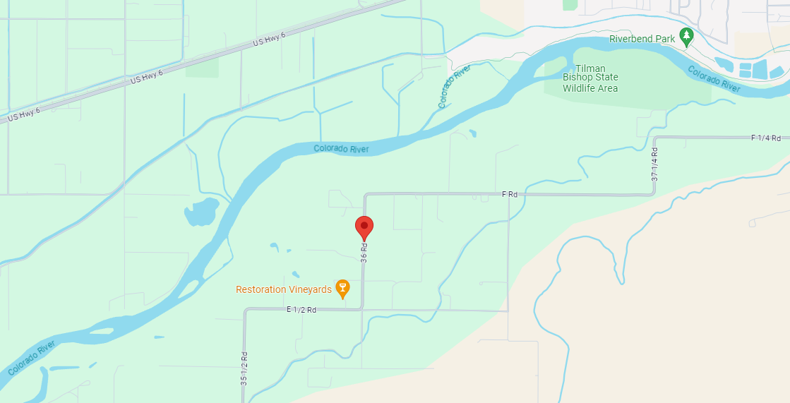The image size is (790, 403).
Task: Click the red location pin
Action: [x=364, y=227]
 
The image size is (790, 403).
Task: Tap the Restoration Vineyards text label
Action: [x=283, y=289]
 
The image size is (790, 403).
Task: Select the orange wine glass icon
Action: [x=342, y=288]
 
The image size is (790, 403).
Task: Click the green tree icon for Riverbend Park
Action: [x=685, y=36]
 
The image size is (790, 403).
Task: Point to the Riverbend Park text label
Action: [x=642, y=40]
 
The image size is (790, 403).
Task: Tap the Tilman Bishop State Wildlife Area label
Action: [x=590, y=78]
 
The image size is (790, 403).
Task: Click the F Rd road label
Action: [x=509, y=193]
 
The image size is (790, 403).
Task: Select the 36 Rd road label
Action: [x=364, y=253]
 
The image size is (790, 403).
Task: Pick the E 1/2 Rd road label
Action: [x=301, y=310]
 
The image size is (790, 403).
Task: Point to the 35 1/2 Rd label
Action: [x=244, y=368]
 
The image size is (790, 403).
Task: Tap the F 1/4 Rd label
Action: [x=765, y=138]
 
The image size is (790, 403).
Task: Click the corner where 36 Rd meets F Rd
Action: [x=365, y=194]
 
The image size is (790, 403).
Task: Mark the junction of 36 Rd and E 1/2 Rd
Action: [x=363, y=309]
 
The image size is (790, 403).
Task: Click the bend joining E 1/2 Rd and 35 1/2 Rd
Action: [x=245, y=311]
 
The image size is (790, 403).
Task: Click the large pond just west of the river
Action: [x=201, y=212]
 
